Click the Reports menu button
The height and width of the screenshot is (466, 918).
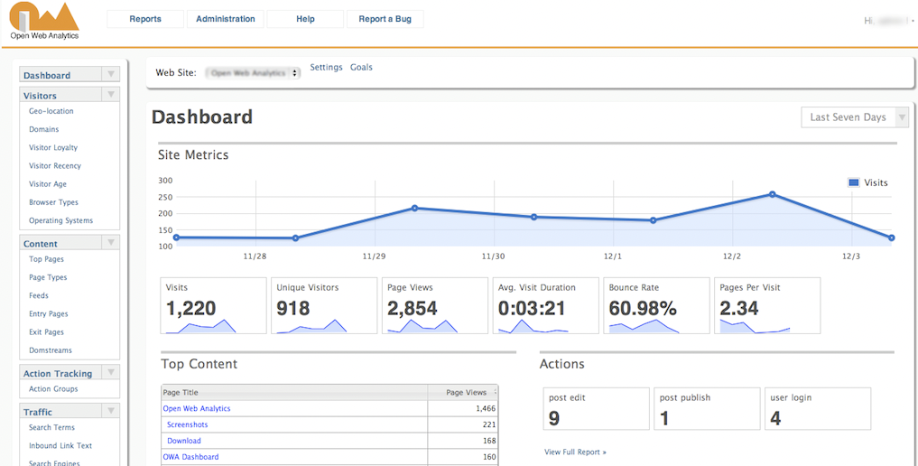click(x=145, y=19)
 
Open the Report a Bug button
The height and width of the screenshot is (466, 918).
click(x=385, y=19)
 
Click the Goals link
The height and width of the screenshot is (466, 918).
click(x=361, y=68)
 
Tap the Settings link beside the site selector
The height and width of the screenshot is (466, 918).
click(x=326, y=68)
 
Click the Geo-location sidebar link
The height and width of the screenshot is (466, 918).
click(x=51, y=112)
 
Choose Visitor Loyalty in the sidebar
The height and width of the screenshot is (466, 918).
click(x=53, y=148)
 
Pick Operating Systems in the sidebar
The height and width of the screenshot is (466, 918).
click(x=60, y=221)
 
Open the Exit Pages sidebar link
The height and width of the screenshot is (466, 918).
click(x=46, y=332)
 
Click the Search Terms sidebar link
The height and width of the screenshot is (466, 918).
click(x=51, y=428)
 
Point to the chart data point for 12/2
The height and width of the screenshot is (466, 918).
click(x=773, y=194)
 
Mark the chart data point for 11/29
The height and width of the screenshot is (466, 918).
click(x=414, y=208)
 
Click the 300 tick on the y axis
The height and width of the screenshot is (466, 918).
click(x=165, y=181)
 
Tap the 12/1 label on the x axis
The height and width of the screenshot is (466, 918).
click(x=613, y=256)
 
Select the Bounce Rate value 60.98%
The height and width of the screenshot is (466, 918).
click(x=643, y=308)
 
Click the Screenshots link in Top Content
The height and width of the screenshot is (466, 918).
click(x=187, y=424)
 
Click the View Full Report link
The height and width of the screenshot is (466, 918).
click(x=575, y=452)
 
